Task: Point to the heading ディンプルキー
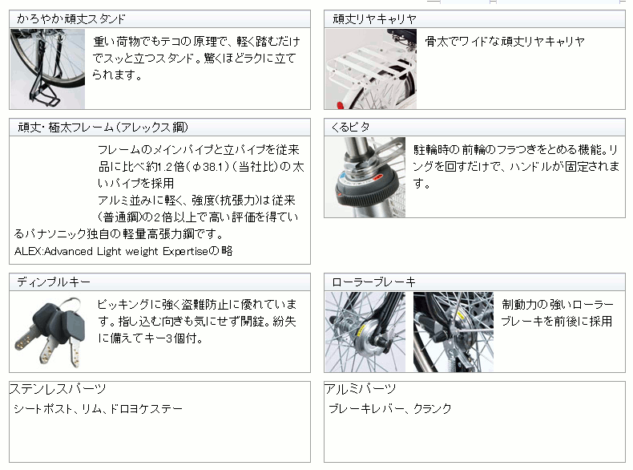pyautogui.click(x=54, y=282)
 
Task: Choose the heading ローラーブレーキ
pyautogui.click(x=373, y=282)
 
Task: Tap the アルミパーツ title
pyautogui.click(x=360, y=389)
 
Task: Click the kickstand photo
pyautogui.click(x=47, y=69)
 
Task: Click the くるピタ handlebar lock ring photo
pyautogui.click(x=365, y=177)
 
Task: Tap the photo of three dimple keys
pyautogui.click(x=47, y=331)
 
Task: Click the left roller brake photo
pyautogui.click(x=365, y=331)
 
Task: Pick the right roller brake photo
pyautogui.click(x=453, y=331)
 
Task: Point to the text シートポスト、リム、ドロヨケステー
pyautogui.click(x=98, y=409)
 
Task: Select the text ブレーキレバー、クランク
pyautogui.click(x=390, y=409)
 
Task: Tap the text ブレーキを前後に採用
pyautogui.click(x=556, y=321)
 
